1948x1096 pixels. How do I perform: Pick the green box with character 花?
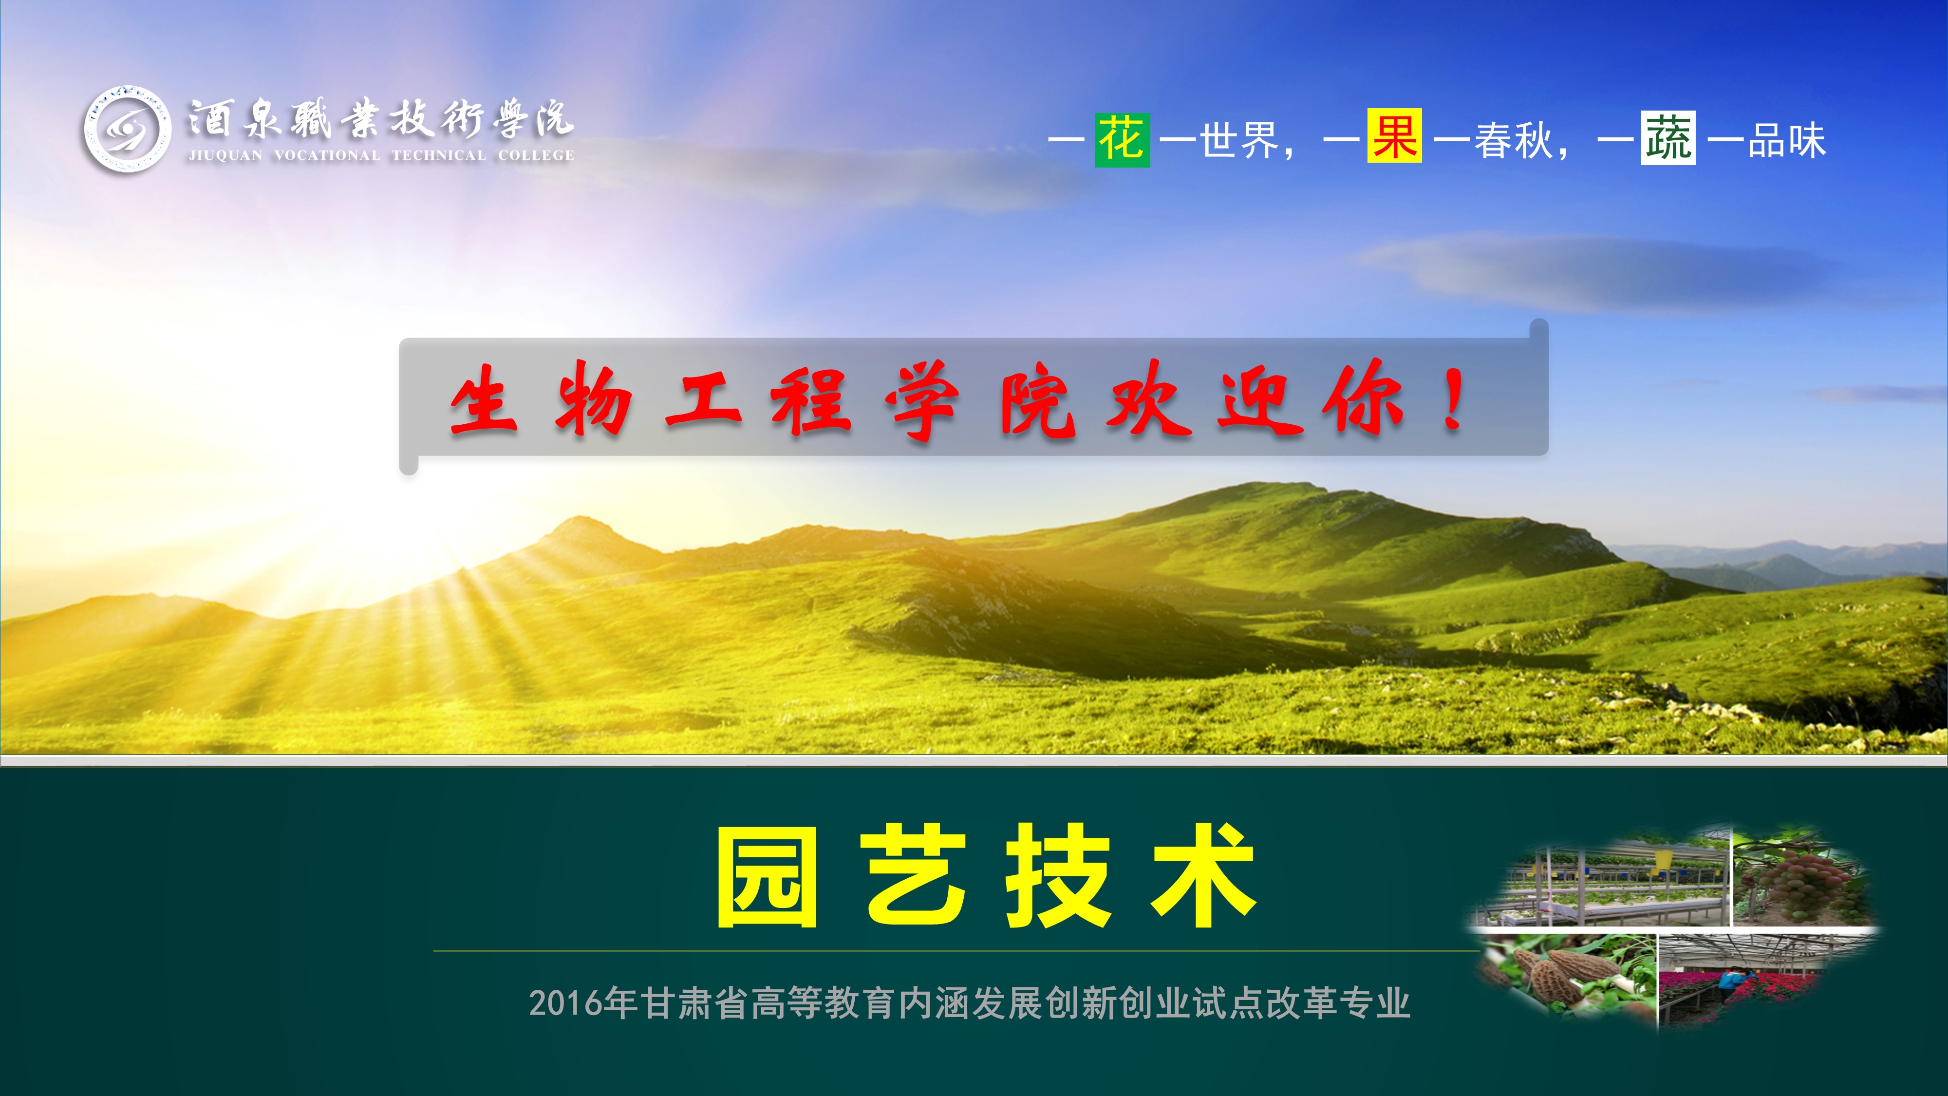pos(1122,140)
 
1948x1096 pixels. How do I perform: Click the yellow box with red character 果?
pos(1394,136)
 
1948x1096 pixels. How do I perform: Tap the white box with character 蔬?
pos(1668,138)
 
